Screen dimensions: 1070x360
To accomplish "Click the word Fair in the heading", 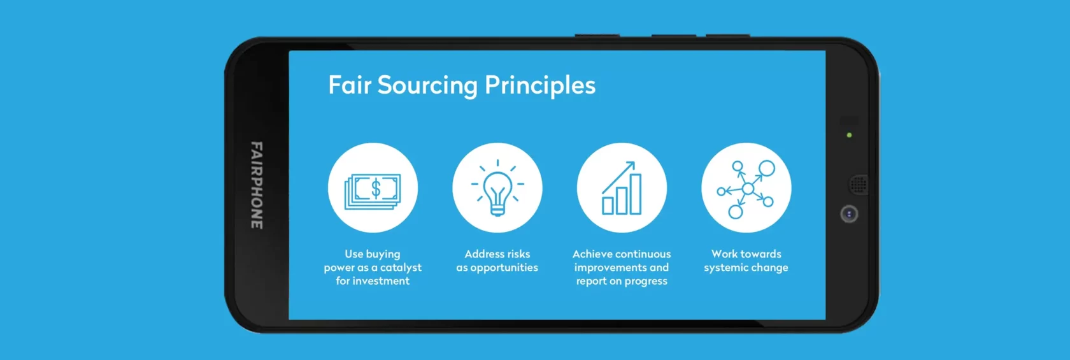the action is point(349,85).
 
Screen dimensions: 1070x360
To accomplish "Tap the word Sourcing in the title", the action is point(427,86).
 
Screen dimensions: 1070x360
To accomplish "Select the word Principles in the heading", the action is point(540,86).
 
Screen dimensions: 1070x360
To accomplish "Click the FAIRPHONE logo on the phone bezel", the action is point(257,185).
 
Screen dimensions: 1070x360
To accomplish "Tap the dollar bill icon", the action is point(373,191).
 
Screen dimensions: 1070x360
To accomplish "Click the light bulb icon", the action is point(497,188).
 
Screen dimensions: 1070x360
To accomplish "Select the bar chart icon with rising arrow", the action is point(621,188).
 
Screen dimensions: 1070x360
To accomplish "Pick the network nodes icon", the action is point(746,189).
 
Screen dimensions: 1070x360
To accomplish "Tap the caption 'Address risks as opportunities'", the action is point(497,261).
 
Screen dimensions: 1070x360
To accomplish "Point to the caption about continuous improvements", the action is point(622,267).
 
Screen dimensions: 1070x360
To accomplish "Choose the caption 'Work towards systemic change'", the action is point(746,261).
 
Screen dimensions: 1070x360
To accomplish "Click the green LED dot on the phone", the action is point(850,135).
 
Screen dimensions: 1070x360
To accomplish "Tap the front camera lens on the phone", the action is point(849,213).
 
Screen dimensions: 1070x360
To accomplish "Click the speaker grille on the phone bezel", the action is point(859,184).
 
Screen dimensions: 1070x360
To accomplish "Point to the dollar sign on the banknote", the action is point(376,189).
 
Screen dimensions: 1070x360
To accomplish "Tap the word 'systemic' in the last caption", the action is point(725,268).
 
